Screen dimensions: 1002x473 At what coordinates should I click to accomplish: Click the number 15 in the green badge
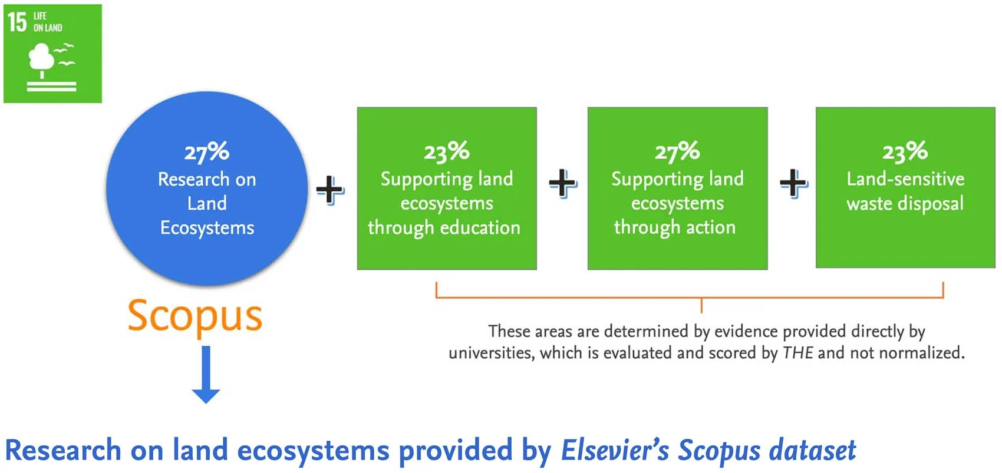[18, 22]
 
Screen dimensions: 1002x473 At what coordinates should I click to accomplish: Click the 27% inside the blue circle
[207, 152]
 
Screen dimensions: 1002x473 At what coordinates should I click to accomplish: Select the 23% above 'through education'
[447, 151]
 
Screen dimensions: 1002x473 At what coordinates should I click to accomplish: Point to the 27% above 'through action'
[677, 151]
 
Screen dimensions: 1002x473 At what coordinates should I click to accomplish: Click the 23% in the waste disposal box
[905, 151]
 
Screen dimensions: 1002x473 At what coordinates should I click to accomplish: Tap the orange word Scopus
[195, 317]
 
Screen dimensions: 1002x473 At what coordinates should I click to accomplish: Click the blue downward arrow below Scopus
[206, 375]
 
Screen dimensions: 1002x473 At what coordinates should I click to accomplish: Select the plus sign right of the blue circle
[330, 190]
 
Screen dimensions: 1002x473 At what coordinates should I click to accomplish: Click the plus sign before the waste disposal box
[793, 183]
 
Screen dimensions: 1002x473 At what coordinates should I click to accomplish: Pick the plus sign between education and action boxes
[563, 183]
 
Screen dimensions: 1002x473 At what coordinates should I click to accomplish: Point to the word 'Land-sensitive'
[905, 179]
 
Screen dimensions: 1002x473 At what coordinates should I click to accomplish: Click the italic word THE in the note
[797, 353]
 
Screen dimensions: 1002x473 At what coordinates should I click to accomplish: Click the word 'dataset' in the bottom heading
[811, 450]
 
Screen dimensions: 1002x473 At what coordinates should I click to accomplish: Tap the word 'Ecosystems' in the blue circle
[207, 228]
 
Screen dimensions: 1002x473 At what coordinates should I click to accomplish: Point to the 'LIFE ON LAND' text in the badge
[47, 22]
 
